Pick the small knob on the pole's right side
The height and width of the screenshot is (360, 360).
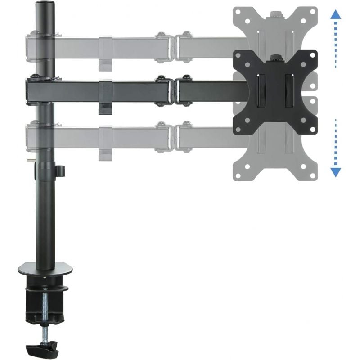point(61,171)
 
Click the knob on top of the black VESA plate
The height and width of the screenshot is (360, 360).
point(274,57)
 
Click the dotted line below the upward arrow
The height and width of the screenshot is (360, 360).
point(335,45)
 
